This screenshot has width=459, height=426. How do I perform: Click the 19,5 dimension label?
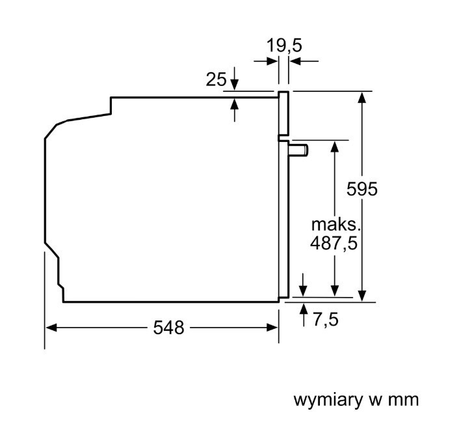tap(283, 46)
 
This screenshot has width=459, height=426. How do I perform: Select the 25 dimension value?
tap(216, 79)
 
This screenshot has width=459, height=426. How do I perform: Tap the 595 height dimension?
tap(362, 188)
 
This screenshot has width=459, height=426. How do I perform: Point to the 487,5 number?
tap(334, 243)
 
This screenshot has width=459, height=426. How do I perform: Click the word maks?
tap(335, 225)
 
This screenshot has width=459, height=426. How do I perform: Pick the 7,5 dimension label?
tap(326, 319)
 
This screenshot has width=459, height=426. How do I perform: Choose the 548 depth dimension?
tap(168, 327)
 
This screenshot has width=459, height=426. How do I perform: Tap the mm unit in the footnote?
tap(403, 400)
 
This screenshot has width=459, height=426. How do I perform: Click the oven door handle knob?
tap(298, 150)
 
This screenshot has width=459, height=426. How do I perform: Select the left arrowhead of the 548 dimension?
tap(51, 328)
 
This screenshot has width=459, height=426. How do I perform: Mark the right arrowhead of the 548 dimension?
tap(272, 328)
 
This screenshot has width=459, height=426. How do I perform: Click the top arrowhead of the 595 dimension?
tap(362, 97)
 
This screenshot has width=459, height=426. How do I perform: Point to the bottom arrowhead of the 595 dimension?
tap(362, 296)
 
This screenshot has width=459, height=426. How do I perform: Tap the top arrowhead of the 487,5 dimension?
tap(335, 147)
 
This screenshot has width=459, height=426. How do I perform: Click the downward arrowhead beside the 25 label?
tap(234, 85)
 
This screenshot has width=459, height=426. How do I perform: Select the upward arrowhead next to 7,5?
tap(304, 309)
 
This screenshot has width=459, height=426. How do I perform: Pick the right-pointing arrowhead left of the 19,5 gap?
tap(272, 61)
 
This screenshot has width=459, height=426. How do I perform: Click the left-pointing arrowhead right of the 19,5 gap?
tap(295, 61)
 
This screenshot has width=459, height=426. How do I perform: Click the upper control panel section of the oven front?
tap(283, 114)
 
